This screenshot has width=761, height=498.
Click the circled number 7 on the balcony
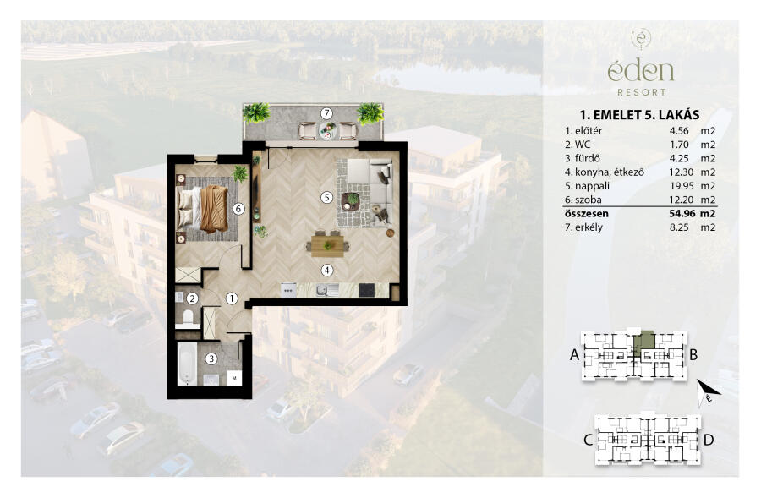click(x=326, y=113)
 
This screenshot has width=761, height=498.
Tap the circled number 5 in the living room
click(x=326, y=197)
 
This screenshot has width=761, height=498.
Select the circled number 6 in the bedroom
click(x=238, y=209)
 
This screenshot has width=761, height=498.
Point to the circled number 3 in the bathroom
click(x=211, y=358)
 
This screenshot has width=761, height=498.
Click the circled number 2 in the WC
click(x=193, y=298)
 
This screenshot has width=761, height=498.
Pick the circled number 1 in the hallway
click(x=232, y=298)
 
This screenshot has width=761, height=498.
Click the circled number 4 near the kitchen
click(x=327, y=270)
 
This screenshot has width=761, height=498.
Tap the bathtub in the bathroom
click(x=187, y=364)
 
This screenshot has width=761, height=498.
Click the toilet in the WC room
click(x=187, y=317)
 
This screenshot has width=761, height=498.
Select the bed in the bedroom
click(x=203, y=209)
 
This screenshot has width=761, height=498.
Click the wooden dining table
click(x=327, y=245)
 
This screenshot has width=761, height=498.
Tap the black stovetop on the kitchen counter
click(x=366, y=290)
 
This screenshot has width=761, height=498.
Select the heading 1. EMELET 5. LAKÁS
click(x=640, y=115)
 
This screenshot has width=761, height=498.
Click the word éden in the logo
click(x=641, y=71)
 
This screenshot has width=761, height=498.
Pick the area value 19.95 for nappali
click(x=678, y=186)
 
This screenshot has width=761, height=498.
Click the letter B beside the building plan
click(x=693, y=355)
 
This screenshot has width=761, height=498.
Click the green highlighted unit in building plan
click(x=644, y=341)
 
